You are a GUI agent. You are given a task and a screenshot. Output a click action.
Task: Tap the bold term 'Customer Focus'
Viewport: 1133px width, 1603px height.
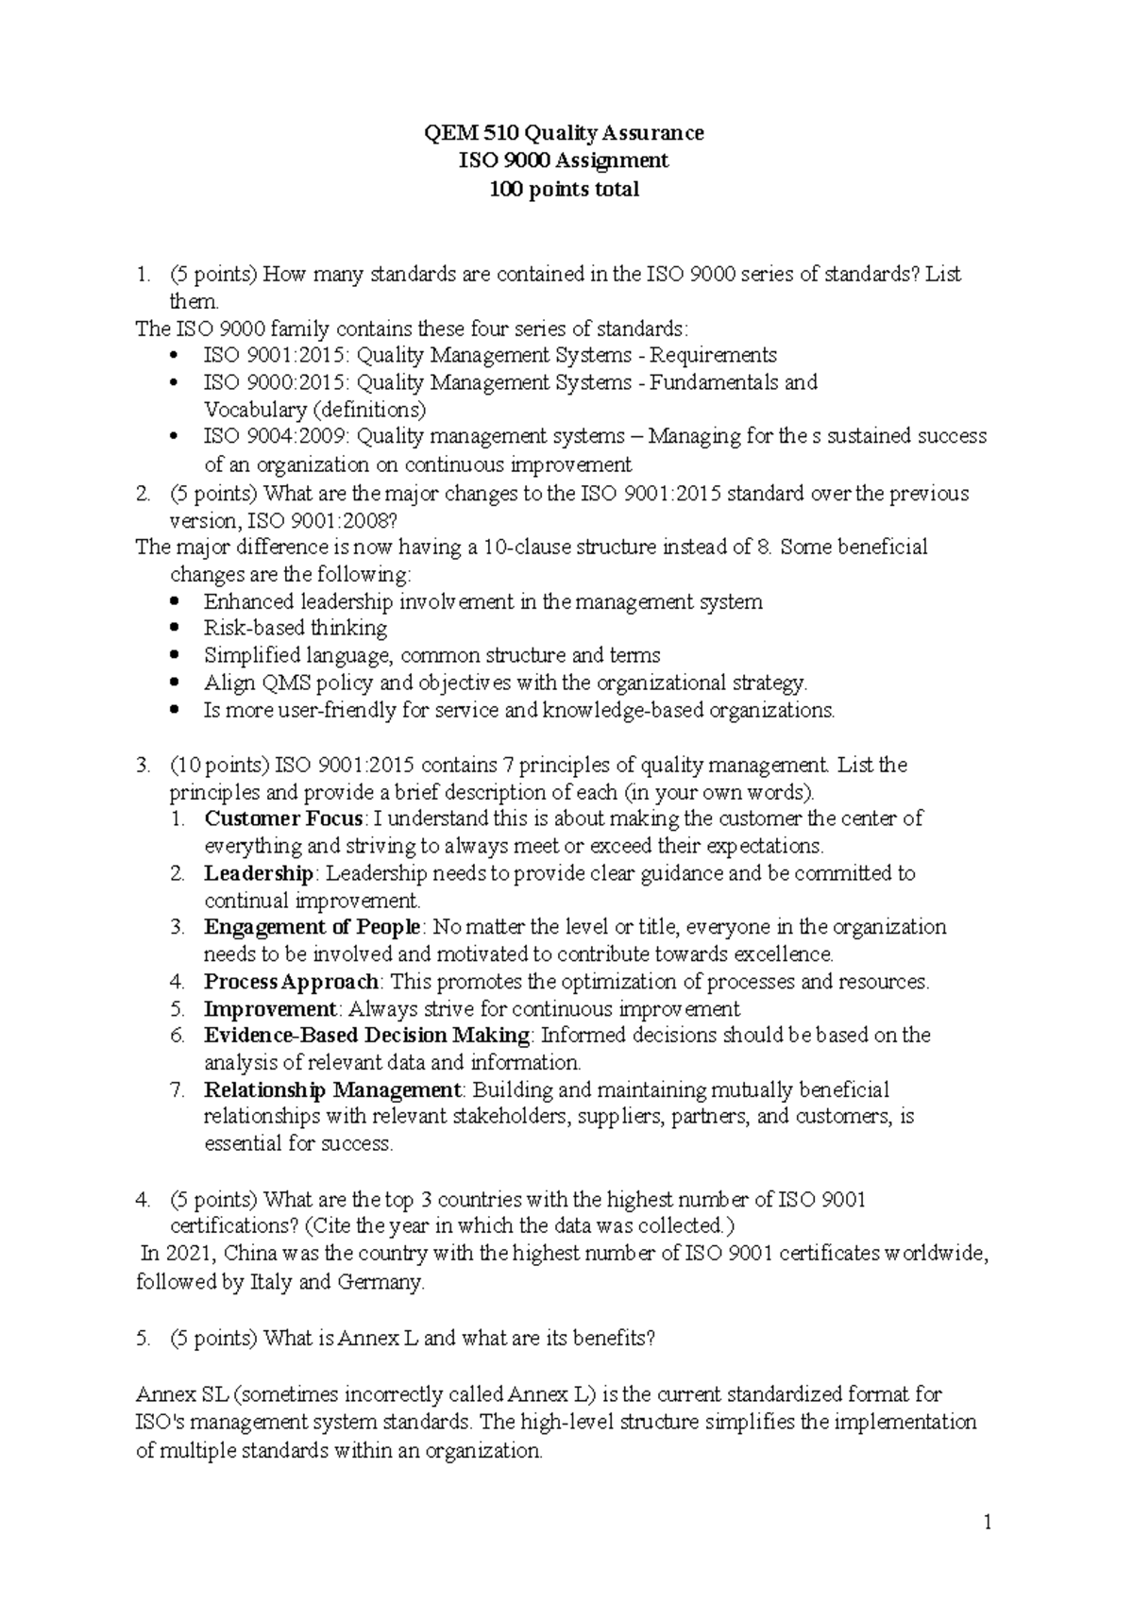[x=283, y=818]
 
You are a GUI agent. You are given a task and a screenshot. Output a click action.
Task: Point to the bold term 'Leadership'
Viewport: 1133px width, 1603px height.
[x=258, y=873]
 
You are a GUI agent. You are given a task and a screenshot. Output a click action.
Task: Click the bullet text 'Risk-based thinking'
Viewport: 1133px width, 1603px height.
[x=295, y=629]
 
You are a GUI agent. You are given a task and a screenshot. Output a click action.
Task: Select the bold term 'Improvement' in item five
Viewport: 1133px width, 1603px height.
[x=270, y=1009]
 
